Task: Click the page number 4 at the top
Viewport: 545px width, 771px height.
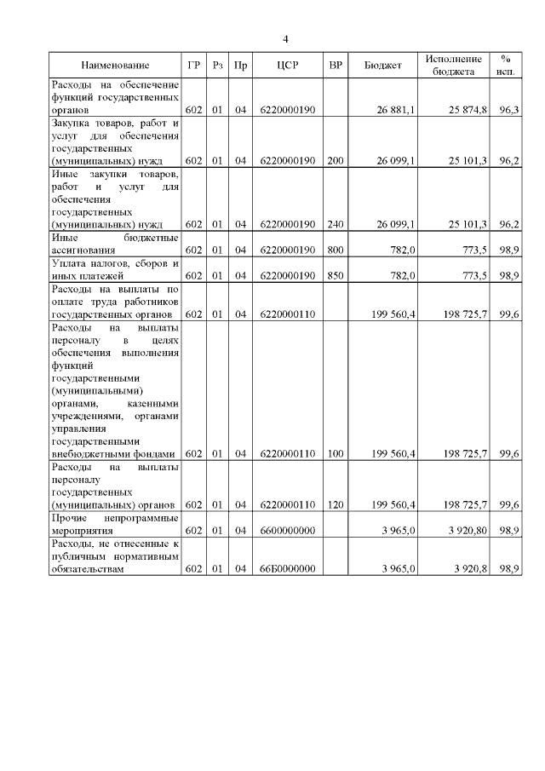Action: (286, 39)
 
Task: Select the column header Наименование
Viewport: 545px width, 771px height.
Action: (115, 66)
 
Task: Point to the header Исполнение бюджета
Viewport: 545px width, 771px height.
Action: (454, 66)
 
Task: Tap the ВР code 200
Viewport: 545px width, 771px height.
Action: (336, 159)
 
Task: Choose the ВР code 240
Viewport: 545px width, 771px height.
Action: (336, 224)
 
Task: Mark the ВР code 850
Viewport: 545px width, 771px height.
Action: (336, 276)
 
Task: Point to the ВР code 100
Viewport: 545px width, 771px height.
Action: (336, 454)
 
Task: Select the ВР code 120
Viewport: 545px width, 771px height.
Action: (336, 505)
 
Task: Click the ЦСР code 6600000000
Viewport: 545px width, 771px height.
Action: (288, 531)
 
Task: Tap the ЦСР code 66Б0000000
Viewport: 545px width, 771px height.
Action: (288, 570)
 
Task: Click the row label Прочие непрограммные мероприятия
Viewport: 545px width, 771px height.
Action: (115, 524)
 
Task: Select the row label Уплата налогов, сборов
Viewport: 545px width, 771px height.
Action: (115, 270)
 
